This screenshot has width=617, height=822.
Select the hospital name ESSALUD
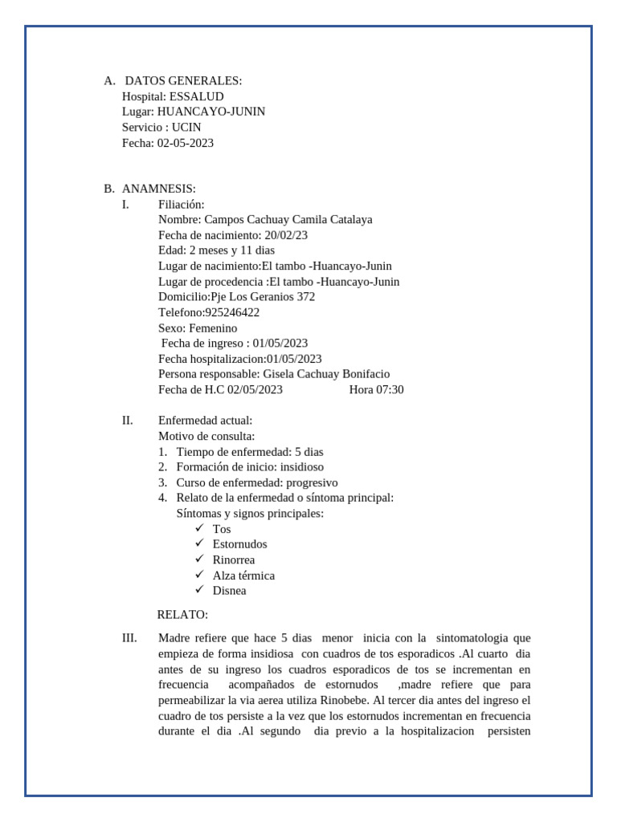tap(197, 96)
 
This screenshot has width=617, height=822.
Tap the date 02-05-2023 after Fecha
tap(186, 143)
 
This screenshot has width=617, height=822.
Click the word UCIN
tap(186, 128)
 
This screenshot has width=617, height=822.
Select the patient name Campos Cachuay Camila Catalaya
tap(288, 219)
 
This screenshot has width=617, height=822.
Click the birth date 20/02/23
tap(286, 235)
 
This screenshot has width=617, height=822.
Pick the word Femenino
tap(213, 328)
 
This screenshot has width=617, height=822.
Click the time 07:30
tap(389, 390)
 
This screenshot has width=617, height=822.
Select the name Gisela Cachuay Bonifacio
tap(326, 374)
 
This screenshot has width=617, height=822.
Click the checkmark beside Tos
tap(199, 528)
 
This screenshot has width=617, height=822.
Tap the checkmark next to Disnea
tap(199, 590)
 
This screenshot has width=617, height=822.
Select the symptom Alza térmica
tap(243, 576)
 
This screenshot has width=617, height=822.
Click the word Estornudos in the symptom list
tap(239, 544)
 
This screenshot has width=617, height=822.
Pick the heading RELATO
tap(182, 615)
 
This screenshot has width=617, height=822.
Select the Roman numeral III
tap(129, 638)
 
